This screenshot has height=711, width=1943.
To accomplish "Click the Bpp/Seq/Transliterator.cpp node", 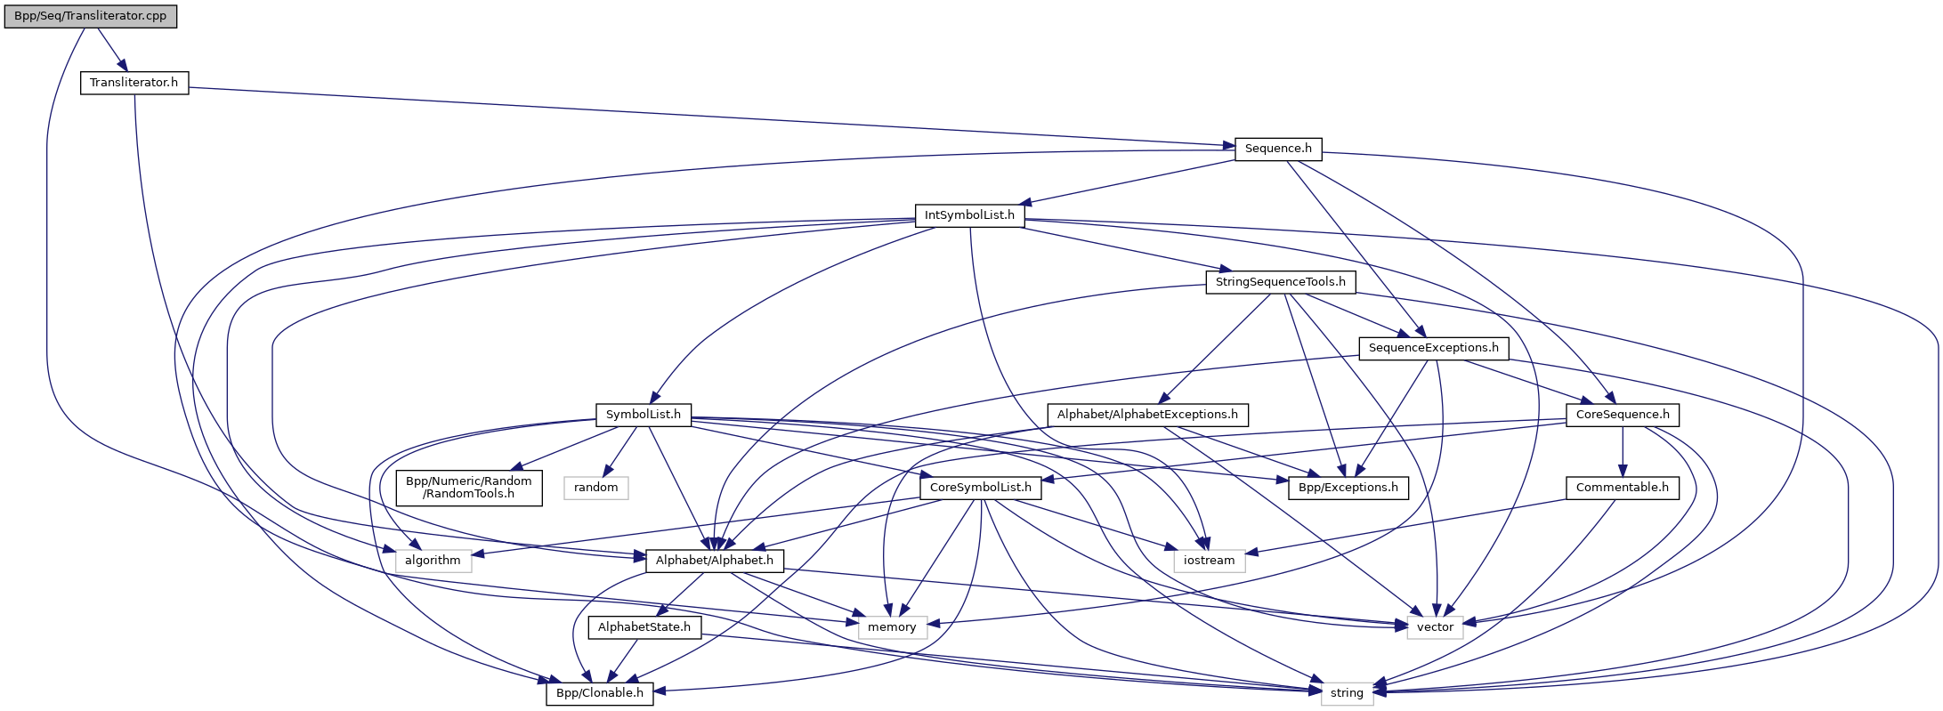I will click(x=90, y=16).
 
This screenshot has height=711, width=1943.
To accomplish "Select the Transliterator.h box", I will click(x=134, y=83).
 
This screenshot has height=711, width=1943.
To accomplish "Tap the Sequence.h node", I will click(x=1278, y=149).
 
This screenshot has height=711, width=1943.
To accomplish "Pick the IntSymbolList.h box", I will click(x=969, y=215).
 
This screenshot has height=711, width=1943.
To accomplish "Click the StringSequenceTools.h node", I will click(x=1281, y=282).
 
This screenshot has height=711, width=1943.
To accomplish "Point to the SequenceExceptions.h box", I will click(x=1433, y=348).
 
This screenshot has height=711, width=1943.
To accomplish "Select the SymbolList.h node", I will click(x=643, y=415).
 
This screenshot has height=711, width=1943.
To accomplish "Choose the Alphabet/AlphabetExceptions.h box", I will click(x=1147, y=415).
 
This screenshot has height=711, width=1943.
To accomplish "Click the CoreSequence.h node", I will click(x=1623, y=415).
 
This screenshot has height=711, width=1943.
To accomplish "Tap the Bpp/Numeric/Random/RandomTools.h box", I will click(x=468, y=487).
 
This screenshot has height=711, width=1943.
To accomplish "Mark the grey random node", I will click(x=595, y=488).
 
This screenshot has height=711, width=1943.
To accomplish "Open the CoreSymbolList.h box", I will click(x=980, y=488).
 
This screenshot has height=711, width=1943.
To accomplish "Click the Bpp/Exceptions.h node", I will click(x=1348, y=488).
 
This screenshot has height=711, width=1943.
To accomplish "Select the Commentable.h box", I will click(x=1622, y=488).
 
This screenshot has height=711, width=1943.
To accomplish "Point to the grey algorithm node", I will click(x=433, y=561).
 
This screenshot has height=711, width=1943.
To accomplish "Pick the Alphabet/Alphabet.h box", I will click(x=715, y=561).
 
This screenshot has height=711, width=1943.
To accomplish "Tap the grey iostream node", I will click(x=1209, y=561).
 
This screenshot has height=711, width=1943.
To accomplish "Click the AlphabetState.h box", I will click(x=644, y=627).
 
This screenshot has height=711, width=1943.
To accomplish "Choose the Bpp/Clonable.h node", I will click(x=599, y=693).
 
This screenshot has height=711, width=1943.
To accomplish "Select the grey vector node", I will click(x=1435, y=627).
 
